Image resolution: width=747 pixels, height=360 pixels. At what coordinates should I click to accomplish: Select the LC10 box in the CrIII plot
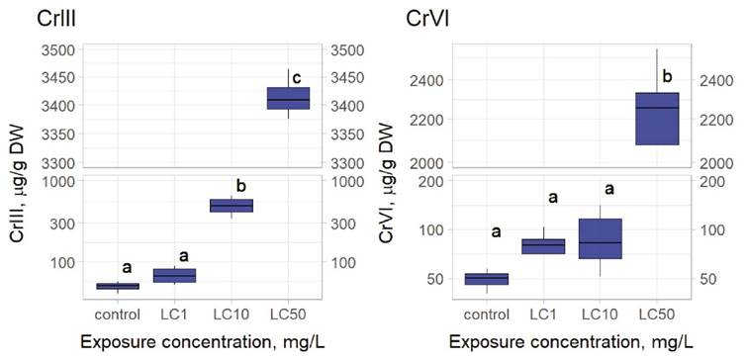coord(232,206)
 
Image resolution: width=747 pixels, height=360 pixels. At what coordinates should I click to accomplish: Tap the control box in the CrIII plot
coord(118,286)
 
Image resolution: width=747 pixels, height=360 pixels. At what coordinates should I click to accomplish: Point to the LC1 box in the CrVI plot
coord(544,246)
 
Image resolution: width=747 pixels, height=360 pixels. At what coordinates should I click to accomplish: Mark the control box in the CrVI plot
coord(487,279)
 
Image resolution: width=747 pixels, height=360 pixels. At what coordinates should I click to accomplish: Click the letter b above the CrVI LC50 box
coord(666,75)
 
